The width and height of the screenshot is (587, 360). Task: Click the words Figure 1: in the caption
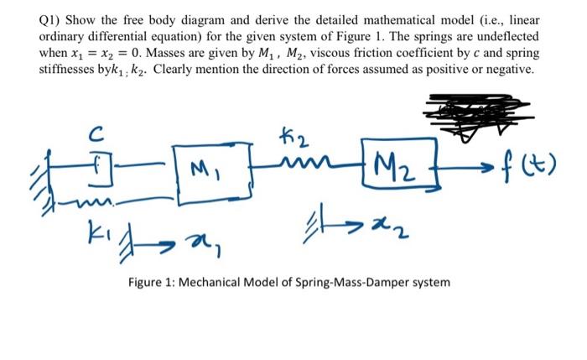pos(153,282)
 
